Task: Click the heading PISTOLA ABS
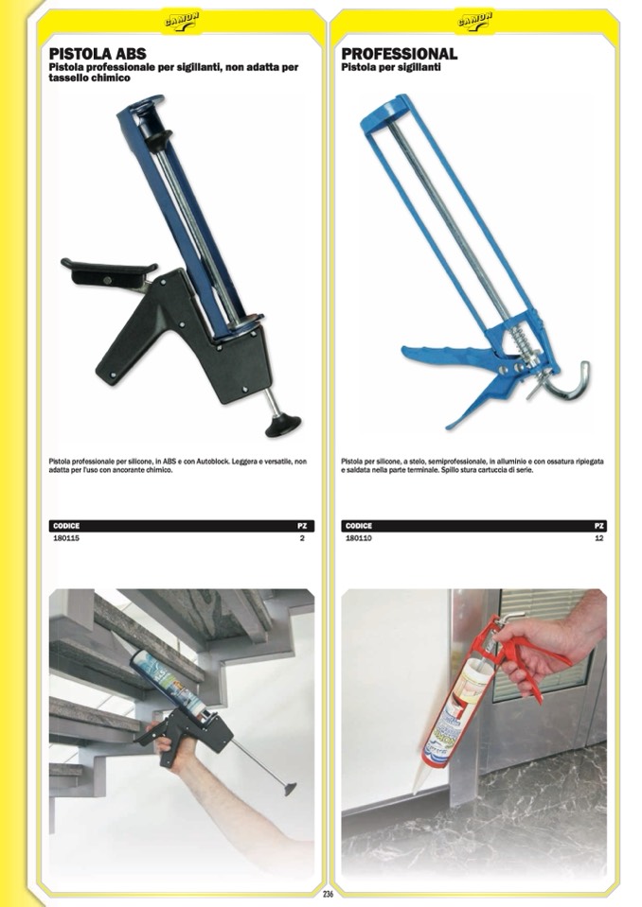[x=98, y=54]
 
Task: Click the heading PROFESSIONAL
[x=400, y=54]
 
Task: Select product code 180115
[x=66, y=538]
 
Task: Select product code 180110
[x=358, y=538]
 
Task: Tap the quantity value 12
[x=599, y=538]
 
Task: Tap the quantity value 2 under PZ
[x=302, y=538]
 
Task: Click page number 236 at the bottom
[x=329, y=894]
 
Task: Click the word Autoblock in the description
[x=213, y=462]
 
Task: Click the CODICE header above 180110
[x=358, y=526]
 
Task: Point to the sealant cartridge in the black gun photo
[x=168, y=685]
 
